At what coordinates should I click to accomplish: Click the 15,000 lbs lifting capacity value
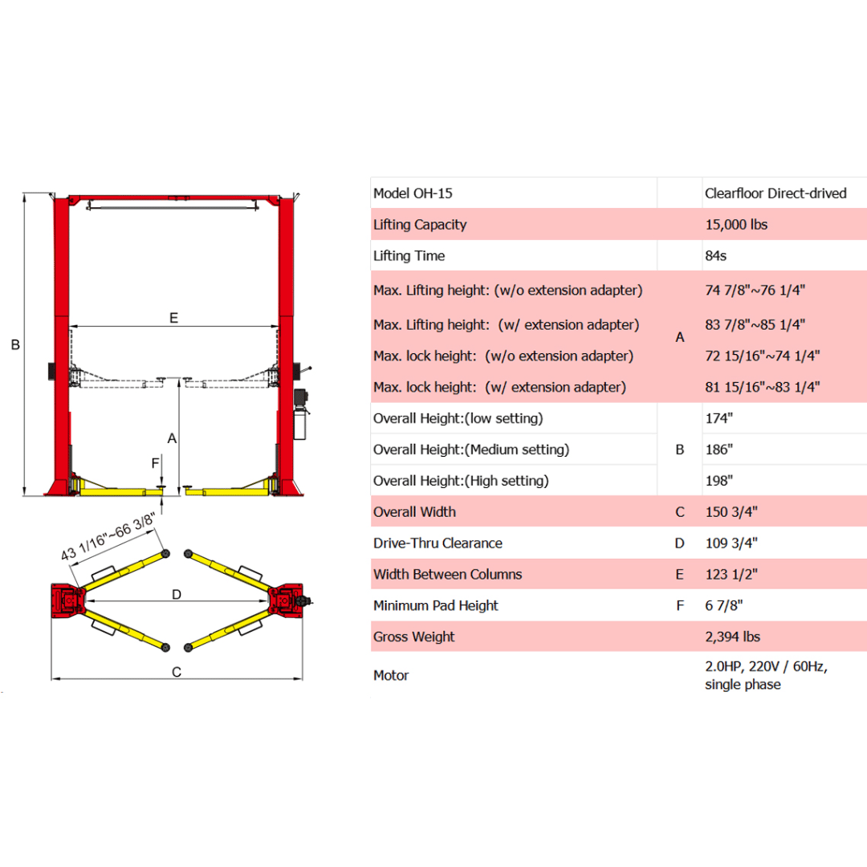click(735, 225)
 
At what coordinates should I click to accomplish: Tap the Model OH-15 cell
click(418, 193)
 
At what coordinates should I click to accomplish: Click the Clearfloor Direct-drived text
click(775, 193)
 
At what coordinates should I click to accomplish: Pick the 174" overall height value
click(720, 418)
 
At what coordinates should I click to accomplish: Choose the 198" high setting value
click(720, 481)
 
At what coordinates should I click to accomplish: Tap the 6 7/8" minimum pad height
click(722, 606)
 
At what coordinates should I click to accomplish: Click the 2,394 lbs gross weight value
click(732, 637)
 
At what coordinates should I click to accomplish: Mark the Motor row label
click(391, 676)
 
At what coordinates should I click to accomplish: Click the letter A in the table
click(680, 338)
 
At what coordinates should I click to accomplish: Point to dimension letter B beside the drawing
click(14, 345)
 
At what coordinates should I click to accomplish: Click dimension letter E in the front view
click(173, 318)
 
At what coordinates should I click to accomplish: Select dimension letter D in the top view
click(177, 594)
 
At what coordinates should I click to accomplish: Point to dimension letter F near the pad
click(155, 463)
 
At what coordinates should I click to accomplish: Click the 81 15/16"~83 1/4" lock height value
click(761, 387)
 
